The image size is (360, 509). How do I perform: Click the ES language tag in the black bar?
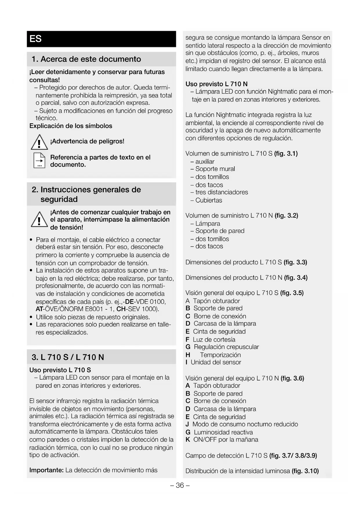coord(36,39)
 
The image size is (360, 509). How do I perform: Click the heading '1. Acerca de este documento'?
coord(86,59)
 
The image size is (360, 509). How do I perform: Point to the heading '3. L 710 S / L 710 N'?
coord(68,357)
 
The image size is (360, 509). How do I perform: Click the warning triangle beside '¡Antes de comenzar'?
coord(39,220)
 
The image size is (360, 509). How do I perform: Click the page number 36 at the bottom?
coord(180,485)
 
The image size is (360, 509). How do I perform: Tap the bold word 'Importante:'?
coord(46,470)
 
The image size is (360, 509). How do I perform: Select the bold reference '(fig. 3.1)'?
coord(286,154)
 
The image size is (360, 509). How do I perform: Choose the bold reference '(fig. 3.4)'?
coord(296,278)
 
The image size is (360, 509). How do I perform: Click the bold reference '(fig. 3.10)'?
coord(305,471)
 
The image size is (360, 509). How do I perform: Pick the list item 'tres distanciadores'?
coord(222,192)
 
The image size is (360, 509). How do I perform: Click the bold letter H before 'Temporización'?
coord(188,355)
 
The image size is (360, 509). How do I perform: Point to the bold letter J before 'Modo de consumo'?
coord(187,424)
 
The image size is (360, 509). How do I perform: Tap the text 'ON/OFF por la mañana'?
coord(226,440)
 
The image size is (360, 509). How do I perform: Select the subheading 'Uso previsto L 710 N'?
coord(216,84)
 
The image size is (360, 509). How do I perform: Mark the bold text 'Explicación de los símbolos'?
coord(71,126)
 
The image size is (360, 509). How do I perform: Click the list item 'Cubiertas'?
coord(209,200)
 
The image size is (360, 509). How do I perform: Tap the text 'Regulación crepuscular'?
coord(226,347)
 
